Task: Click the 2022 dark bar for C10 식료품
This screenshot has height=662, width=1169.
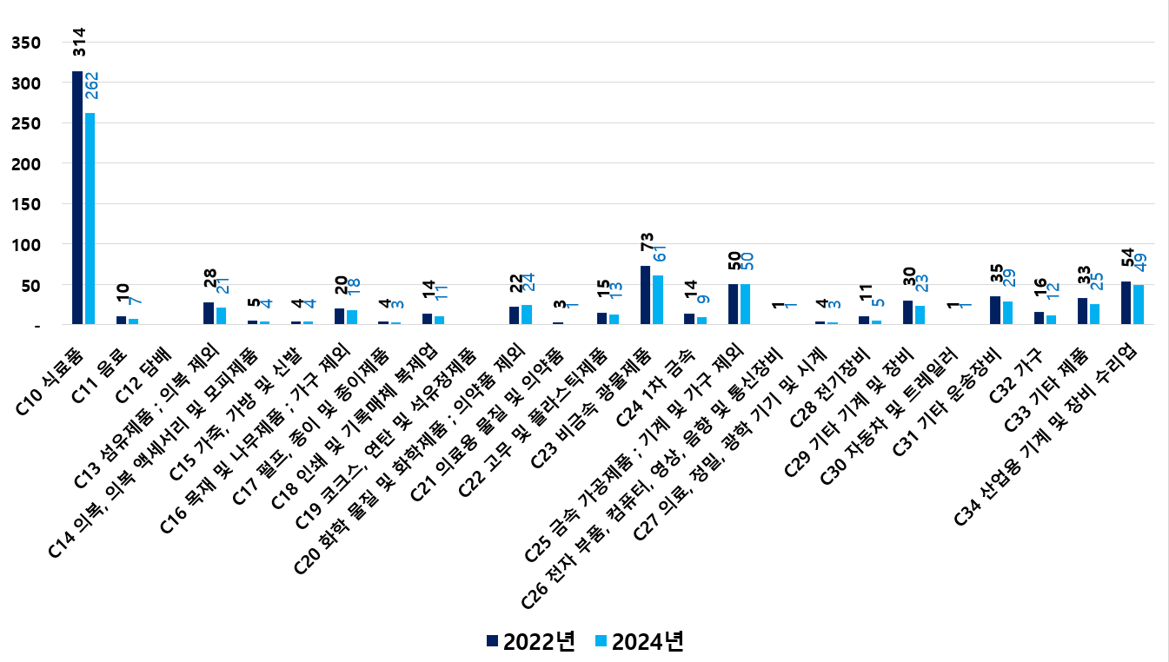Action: click(77, 197)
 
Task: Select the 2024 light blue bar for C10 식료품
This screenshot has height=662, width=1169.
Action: click(90, 218)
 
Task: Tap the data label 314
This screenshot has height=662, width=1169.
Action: click(78, 43)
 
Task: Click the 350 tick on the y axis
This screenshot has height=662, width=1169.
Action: click(27, 43)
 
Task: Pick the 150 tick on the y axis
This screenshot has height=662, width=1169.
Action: click(27, 204)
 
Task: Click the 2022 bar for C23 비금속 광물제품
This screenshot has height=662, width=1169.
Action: click(645, 295)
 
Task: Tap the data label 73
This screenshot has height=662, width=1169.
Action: click(646, 247)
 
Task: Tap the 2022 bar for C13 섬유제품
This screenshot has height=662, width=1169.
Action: click(209, 313)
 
